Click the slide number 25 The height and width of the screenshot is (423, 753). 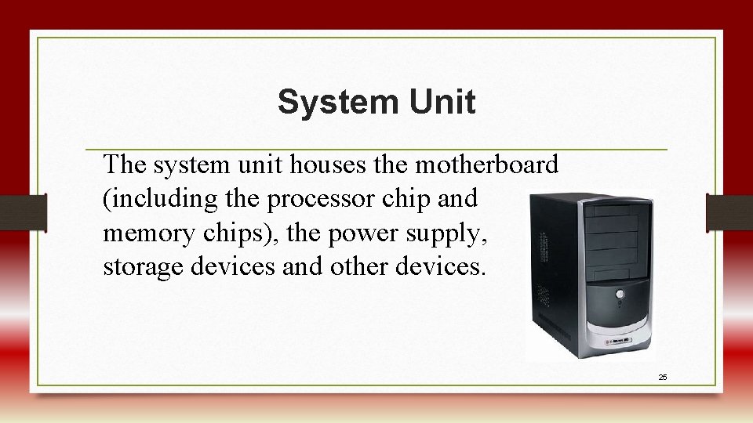663,378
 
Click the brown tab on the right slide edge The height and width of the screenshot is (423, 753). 729,212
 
